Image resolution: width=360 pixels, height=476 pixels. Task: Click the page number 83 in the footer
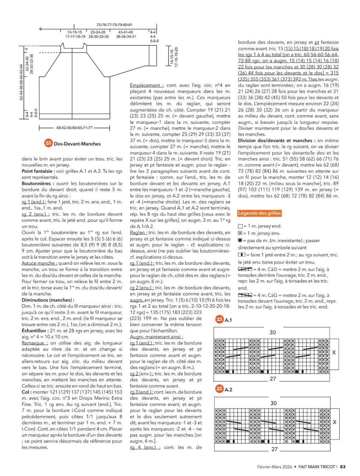tap(343, 467)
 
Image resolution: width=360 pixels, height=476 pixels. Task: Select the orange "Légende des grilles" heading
tap(259, 213)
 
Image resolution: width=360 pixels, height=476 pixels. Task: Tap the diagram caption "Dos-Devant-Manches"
tap(77, 144)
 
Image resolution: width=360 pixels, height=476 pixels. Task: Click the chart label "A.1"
tap(228, 320)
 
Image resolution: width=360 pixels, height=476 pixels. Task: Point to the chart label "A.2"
tap(228, 390)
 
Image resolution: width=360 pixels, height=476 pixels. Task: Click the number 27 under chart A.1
tap(273, 379)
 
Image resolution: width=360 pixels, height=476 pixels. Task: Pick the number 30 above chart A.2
tap(274, 403)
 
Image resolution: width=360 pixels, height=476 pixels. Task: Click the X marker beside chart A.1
tap(334, 352)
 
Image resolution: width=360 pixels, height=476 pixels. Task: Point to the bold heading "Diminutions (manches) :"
tap(48, 300)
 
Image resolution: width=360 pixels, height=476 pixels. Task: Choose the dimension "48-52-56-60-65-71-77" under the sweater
tap(74, 128)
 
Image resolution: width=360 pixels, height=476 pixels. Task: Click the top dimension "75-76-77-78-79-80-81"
tap(114, 25)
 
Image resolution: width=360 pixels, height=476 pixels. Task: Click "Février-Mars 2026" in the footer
tap(275, 467)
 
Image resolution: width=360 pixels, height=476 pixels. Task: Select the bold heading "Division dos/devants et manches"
tap(275, 141)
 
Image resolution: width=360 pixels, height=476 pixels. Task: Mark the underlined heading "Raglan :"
tap(138, 232)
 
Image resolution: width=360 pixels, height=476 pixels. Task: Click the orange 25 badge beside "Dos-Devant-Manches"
tap(49, 143)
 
